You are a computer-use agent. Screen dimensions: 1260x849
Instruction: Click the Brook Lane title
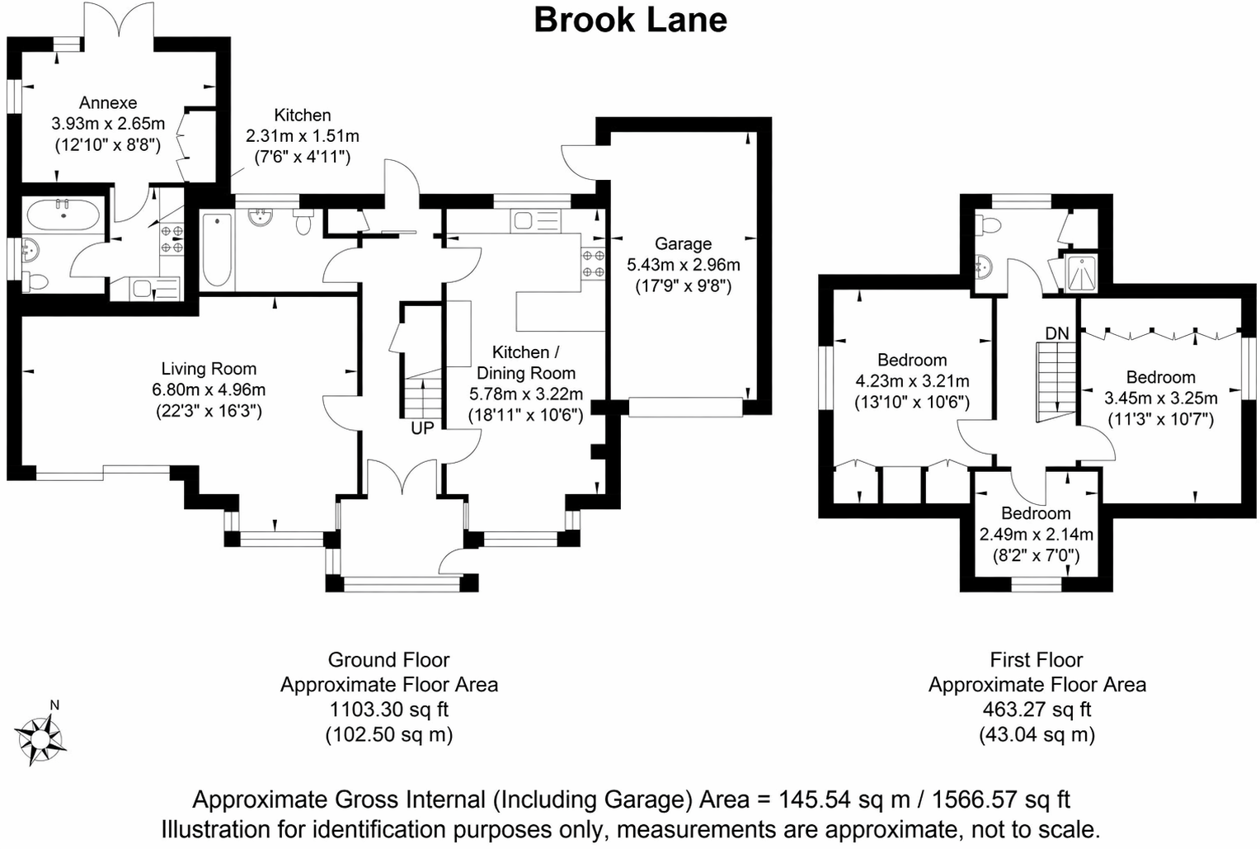pyautogui.click(x=630, y=21)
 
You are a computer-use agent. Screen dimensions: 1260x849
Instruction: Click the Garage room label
pyautogui.click(x=683, y=243)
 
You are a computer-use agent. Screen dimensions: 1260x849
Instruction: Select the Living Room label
pyautogui.click(x=209, y=369)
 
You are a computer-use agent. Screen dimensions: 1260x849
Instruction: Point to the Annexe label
pyautogui.click(x=108, y=102)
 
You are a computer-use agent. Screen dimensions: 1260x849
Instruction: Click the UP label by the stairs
pyautogui.click(x=422, y=428)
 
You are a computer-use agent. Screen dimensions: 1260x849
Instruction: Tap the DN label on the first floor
pyautogui.click(x=1057, y=333)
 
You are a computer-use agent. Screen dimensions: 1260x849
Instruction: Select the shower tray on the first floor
pyautogui.click(x=1080, y=273)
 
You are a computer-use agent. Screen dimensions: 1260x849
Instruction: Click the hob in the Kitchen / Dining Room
pyautogui.click(x=594, y=263)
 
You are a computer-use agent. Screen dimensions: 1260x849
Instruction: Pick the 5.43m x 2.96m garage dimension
pyautogui.click(x=684, y=265)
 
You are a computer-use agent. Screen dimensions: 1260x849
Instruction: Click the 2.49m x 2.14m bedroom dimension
pyautogui.click(x=1037, y=534)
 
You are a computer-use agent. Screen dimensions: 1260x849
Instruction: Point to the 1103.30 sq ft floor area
pyautogui.click(x=388, y=710)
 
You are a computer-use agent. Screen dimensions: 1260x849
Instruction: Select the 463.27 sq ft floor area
pyautogui.click(x=1037, y=710)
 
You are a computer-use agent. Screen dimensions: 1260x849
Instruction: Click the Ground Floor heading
pyautogui.click(x=388, y=659)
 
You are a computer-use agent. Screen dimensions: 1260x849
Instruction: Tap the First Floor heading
pyautogui.click(x=1037, y=659)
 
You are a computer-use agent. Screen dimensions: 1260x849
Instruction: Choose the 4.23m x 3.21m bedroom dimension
pyautogui.click(x=912, y=381)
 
